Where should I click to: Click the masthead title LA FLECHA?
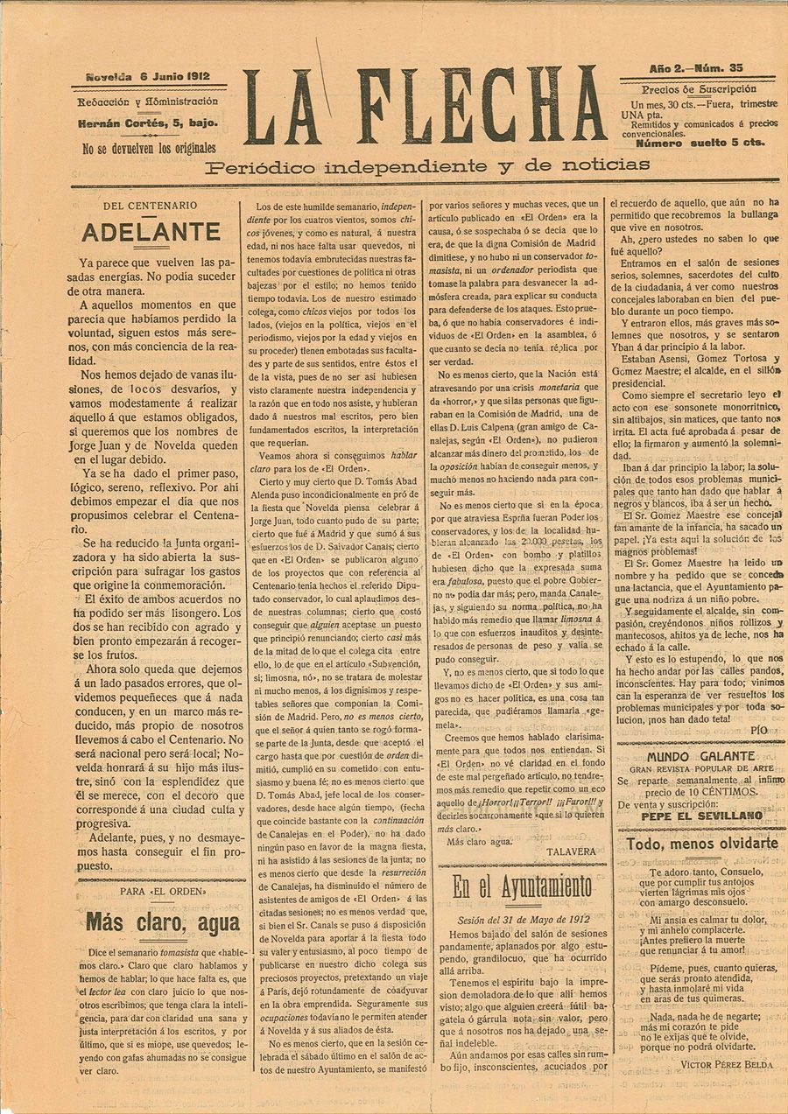tap(425, 106)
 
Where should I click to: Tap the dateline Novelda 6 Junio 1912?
tap(148, 77)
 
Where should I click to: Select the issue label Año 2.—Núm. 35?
tap(697, 68)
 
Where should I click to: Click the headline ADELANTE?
tap(151, 233)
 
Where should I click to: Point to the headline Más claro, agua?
tap(163, 922)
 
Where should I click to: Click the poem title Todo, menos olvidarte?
tap(702, 844)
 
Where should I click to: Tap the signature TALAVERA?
tap(571, 850)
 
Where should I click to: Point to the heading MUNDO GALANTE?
tap(700, 755)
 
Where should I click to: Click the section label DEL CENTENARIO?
tap(150, 207)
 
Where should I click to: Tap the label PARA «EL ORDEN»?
tap(164, 891)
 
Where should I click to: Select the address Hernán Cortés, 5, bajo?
tap(148, 123)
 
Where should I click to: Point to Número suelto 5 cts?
tap(700, 143)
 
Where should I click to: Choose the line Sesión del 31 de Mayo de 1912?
tap(522, 920)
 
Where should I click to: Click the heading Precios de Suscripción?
tap(699, 89)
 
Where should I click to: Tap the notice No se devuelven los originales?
tap(149, 149)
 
